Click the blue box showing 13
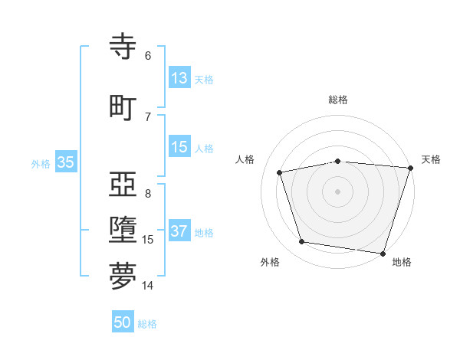tap(179, 78)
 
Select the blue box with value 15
tap(179, 147)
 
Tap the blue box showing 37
tap(179, 232)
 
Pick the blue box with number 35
tap(65, 162)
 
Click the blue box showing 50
tap(122, 322)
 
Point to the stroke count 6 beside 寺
tap(148, 55)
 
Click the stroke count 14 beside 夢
tap(148, 286)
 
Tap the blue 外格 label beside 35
tap(41, 163)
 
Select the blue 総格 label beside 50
tap(147, 324)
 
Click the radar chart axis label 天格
tap(431, 159)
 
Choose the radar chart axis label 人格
tap(245, 159)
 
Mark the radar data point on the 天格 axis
tap(410, 168)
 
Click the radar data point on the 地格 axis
tap(383, 253)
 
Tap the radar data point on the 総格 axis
tap(338, 161)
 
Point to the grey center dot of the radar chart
tap(338, 191)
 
